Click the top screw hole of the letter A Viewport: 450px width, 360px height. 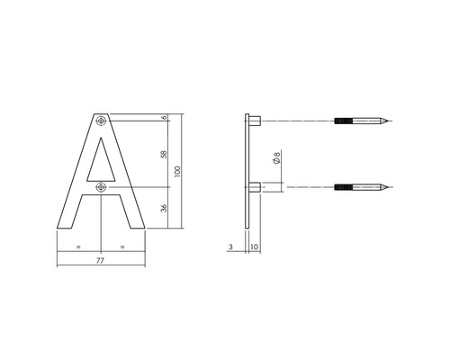[x=101, y=120]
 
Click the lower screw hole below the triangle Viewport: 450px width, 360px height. [x=101, y=187]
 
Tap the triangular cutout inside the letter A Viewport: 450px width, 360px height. [x=101, y=162]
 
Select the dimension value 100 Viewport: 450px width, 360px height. [x=178, y=171]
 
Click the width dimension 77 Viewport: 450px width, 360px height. [x=101, y=259]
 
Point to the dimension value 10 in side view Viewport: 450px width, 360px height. [x=255, y=246]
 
